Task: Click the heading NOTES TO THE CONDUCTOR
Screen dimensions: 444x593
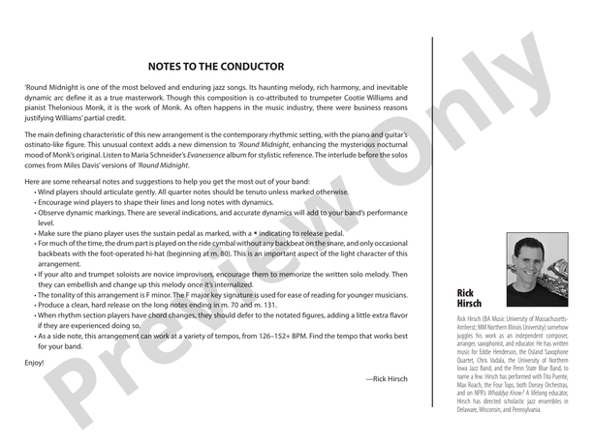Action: (x=215, y=67)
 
